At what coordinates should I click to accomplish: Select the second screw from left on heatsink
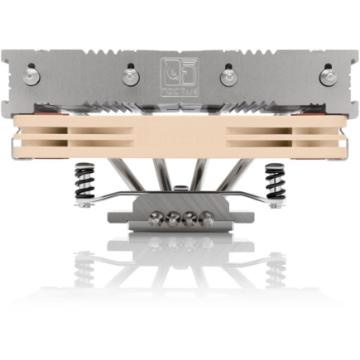click(x=131, y=77)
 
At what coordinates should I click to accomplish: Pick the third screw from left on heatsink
click(x=228, y=77)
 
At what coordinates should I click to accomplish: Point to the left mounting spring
click(x=86, y=184)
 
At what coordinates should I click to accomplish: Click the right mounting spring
click(x=273, y=184)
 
